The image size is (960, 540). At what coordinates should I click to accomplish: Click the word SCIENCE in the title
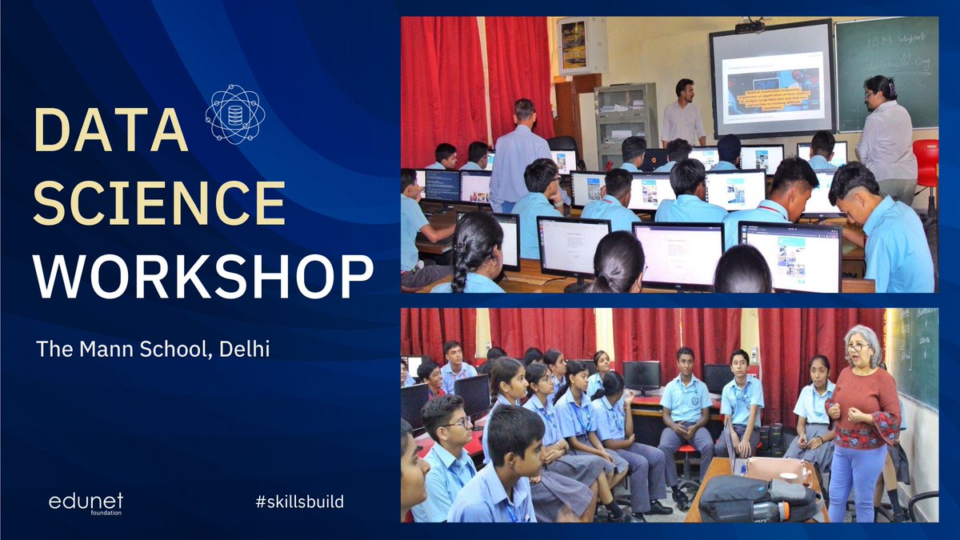point(159,202)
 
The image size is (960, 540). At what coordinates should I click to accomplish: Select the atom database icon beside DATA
point(234,114)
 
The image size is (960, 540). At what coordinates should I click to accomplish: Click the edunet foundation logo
point(86,503)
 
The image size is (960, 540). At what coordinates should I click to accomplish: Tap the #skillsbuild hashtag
point(299,502)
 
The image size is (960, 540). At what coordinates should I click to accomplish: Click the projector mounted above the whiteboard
point(750,26)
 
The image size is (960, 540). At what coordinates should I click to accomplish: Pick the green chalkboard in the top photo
point(886,72)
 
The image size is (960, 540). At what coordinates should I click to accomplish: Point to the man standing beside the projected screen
point(682,114)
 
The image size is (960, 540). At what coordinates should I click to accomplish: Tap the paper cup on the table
point(789,478)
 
